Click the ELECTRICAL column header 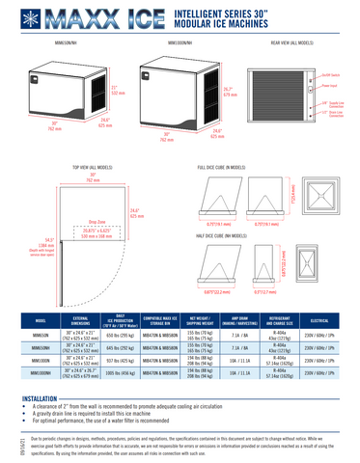(327, 320)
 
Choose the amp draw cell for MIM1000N (239, 359)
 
